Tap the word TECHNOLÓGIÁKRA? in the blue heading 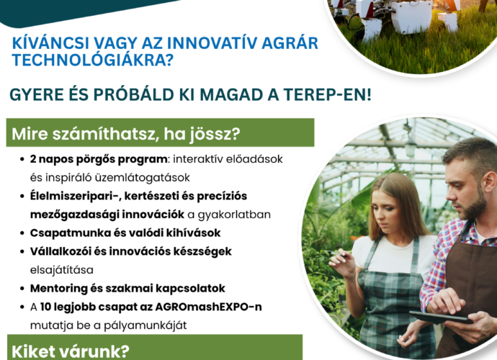92,60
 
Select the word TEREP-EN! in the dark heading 327,94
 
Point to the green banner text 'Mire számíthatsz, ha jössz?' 126,135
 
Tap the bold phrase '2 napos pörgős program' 99,159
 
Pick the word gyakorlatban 234,215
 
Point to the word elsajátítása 62,270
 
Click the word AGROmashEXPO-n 209,307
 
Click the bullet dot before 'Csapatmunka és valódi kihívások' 22,233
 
